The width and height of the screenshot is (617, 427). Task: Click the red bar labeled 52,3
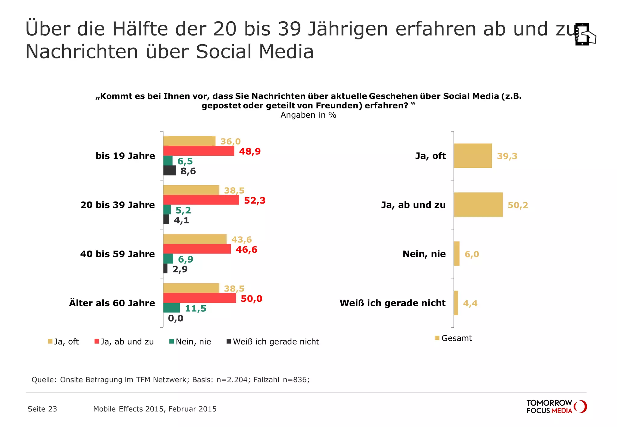click(x=201, y=200)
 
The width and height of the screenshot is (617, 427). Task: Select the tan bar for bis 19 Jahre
click(x=189, y=141)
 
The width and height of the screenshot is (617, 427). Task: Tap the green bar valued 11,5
click(x=171, y=308)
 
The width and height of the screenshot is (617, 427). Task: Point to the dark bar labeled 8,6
click(x=169, y=170)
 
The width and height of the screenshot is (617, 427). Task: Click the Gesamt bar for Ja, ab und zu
click(x=478, y=205)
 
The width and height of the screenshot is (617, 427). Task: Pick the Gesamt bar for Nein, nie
click(x=457, y=254)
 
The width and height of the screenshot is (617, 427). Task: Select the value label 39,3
click(x=507, y=156)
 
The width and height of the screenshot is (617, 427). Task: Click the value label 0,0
click(x=176, y=318)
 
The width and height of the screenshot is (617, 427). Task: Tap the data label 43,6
click(x=242, y=240)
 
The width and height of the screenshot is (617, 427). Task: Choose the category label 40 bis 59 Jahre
click(x=117, y=254)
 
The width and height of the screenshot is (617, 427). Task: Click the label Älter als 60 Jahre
click(x=112, y=303)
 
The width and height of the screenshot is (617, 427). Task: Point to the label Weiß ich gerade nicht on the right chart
click(x=393, y=303)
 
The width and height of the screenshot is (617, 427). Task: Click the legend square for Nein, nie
click(x=172, y=341)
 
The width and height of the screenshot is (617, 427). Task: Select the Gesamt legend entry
click(x=453, y=338)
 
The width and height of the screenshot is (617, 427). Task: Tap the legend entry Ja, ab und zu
click(x=124, y=342)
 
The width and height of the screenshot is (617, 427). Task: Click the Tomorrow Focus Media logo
click(x=556, y=407)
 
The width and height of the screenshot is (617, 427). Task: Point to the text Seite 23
click(x=42, y=409)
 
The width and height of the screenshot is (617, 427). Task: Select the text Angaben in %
click(x=308, y=115)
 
